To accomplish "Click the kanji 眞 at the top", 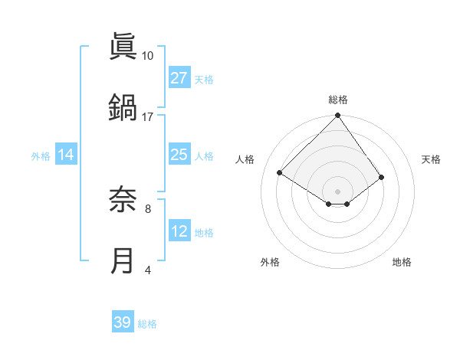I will (x=123, y=47).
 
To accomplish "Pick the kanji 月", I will (x=123, y=260).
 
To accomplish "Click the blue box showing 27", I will (x=179, y=78).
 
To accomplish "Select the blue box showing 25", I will (x=179, y=155).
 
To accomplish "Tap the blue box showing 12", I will (x=179, y=231).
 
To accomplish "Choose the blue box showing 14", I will (x=66, y=155).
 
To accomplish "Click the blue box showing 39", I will (x=123, y=322).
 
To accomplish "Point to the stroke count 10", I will (x=147, y=56).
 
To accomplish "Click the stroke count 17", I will (x=147, y=116).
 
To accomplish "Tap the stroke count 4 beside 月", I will (x=147, y=270).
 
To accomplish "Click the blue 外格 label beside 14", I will (x=41, y=155).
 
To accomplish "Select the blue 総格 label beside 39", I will (x=147, y=324).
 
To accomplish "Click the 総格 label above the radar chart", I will (x=338, y=100).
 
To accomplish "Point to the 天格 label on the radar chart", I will (x=431, y=159).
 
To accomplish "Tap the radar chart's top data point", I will (x=337, y=116).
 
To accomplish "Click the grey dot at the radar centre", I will (x=337, y=191).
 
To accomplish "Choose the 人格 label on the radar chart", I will (x=245, y=159).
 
